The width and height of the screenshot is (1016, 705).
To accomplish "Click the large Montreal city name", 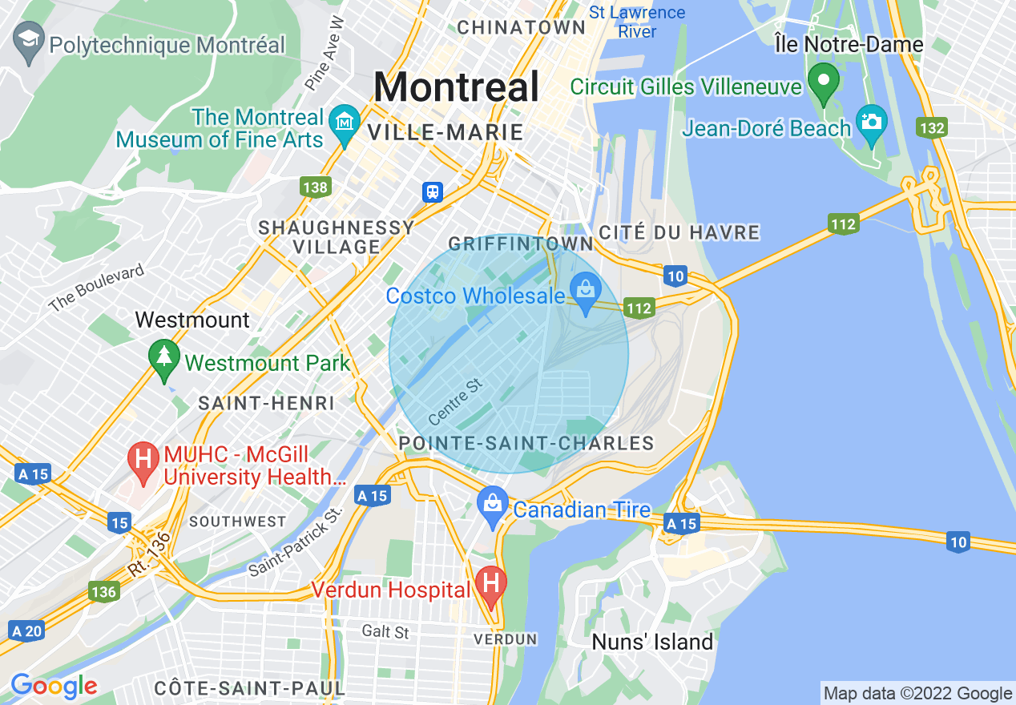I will (x=456, y=87).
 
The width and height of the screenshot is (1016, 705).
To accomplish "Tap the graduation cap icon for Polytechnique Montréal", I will (x=29, y=43).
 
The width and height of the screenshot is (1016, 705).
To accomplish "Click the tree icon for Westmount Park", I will (x=163, y=357).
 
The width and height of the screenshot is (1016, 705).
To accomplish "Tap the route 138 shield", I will (x=316, y=187).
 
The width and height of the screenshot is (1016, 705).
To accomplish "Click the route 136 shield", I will (x=104, y=592).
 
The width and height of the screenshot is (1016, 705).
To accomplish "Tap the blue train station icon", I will (x=433, y=191).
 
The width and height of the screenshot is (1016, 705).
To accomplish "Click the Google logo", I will (x=54, y=686).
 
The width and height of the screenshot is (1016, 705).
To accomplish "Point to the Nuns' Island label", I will (x=652, y=642).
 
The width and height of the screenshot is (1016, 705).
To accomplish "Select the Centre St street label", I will (x=456, y=402).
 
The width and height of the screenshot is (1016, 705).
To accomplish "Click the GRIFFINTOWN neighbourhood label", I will (x=521, y=244).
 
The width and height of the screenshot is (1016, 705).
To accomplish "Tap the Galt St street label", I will (x=385, y=631).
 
